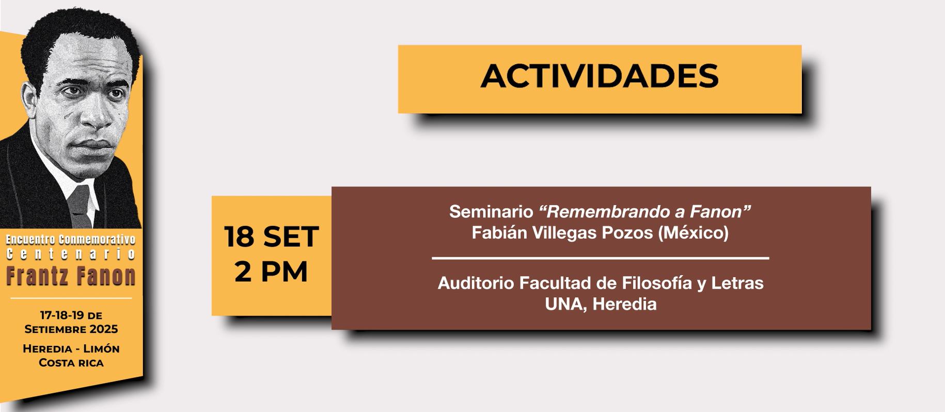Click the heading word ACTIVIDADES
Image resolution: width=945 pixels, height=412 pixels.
[600, 77]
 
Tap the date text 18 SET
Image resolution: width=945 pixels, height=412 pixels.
[271, 236]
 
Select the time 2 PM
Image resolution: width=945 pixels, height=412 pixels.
[271, 271]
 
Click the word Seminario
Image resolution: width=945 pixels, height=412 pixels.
[491, 211]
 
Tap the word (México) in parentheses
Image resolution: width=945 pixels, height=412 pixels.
[693, 233]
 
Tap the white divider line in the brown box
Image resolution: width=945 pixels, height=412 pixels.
[601, 257]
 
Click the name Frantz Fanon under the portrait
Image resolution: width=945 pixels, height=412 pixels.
[71, 276]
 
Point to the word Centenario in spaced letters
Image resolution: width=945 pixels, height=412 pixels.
[71, 254]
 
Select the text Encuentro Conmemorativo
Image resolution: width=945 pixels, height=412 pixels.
[71, 239]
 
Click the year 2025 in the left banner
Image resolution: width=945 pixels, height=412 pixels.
[104, 329]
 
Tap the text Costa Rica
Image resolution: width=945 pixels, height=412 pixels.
[71, 363]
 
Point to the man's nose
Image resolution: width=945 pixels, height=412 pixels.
[95, 116]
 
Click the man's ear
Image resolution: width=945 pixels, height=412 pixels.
[29, 101]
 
